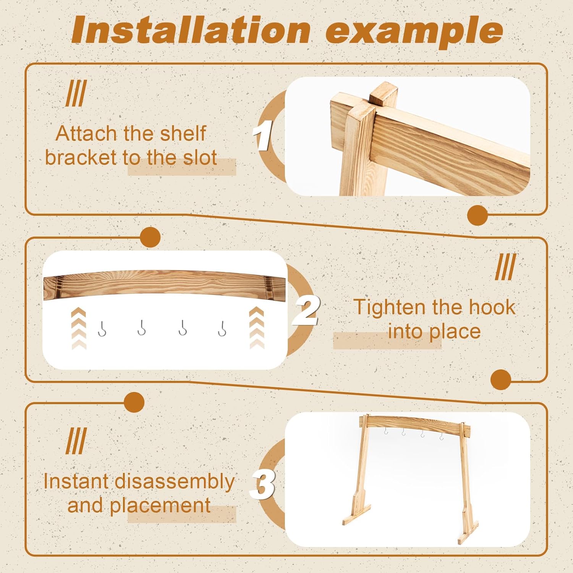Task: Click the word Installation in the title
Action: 191,31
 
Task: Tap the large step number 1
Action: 263,135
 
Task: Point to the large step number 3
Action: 262,484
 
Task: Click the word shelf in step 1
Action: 183,133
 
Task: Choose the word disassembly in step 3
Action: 175,481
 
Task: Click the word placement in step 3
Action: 160,506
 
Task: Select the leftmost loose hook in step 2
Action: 102,329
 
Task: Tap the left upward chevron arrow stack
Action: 79,329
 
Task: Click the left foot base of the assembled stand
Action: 357,515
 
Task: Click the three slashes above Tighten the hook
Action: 506,267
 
